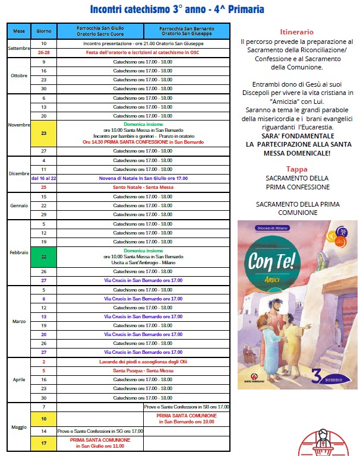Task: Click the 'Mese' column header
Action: (x=19, y=30)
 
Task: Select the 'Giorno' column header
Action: (x=44, y=30)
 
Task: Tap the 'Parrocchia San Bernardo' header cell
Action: (x=186, y=30)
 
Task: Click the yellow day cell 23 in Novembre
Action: (x=44, y=133)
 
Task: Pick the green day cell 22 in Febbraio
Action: (x=44, y=256)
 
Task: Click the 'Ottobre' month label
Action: (x=19, y=75)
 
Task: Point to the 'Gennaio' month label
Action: (x=19, y=205)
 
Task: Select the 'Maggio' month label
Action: (x=19, y=427)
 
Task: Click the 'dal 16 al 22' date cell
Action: (x=44, y=178)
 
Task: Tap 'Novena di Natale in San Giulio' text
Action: (x=144, y=178)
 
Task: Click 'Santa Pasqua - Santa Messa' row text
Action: (x=144, y=370)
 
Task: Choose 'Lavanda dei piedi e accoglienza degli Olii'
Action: (x=144, y=362)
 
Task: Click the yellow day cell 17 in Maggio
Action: (x=44, y=443)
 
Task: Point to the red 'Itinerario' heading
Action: (x=296, y=31)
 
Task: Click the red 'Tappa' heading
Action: (x=296, y=169)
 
